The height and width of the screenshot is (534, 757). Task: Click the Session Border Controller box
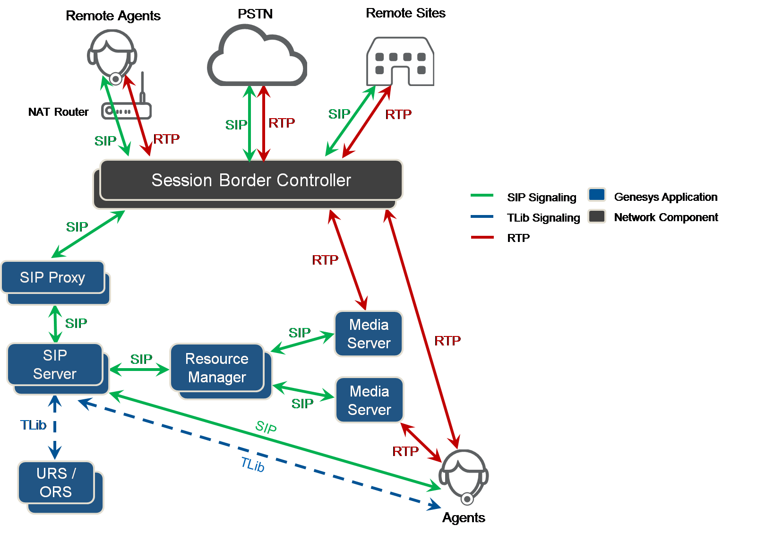[251, 180]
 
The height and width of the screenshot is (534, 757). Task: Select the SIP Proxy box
[52, 277]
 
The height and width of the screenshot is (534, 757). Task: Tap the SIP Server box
[55, 364]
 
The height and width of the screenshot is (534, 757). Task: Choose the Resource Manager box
[217, 368]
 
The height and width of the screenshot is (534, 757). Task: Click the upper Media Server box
[369, 334]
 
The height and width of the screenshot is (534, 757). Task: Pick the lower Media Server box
[370, 400]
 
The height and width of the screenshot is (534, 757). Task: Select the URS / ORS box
[56, 482]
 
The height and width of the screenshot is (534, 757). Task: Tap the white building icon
[400, 61]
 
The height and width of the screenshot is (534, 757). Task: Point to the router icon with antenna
[127, 108]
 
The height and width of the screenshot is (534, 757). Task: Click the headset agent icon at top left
[112, 54]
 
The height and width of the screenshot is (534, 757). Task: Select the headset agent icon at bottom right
[464, 475]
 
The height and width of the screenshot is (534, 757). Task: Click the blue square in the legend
[597, 195]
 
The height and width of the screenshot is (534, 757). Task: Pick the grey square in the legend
[597, 216]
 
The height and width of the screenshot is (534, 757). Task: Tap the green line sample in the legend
[482, 195]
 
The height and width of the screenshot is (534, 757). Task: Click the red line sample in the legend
[482, 237]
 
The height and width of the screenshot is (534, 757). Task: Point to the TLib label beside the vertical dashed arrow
[33, 425]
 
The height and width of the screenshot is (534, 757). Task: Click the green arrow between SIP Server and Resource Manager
[139, 370]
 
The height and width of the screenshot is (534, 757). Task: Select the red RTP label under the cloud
[282, 123]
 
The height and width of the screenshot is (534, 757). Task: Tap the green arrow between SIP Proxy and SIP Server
[56, 324]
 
